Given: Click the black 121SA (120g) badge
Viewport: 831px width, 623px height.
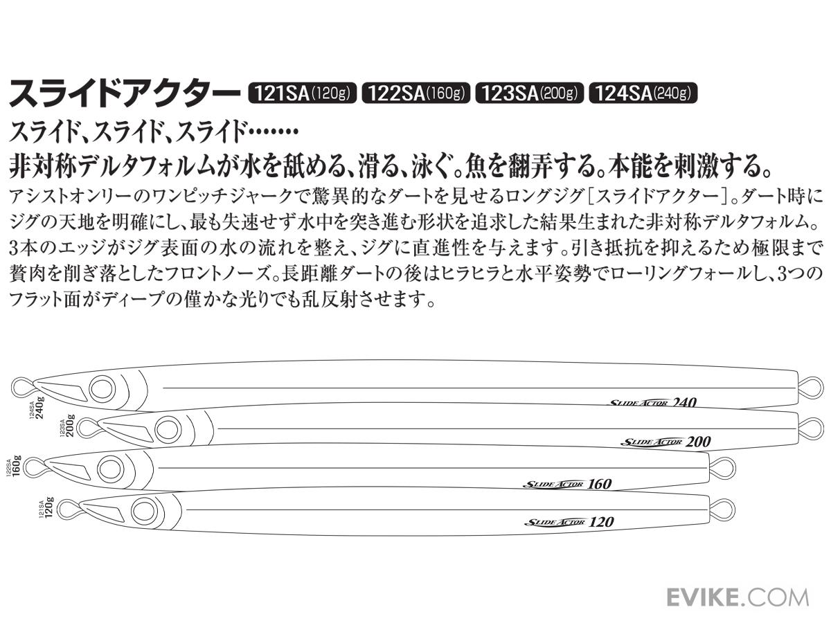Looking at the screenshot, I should tap(302, 93).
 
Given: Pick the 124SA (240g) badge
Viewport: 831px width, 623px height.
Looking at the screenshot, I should tap(643, 93).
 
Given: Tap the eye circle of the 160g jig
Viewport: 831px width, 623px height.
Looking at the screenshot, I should tap(109, 469).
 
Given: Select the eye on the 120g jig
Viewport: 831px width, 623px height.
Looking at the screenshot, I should tap(143, 511).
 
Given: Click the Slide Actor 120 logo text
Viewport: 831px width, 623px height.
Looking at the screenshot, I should tap(569, 522).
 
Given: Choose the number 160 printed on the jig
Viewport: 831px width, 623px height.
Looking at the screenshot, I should tap(598, 484).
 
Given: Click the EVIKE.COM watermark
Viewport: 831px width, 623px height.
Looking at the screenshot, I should tap(737, 597).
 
